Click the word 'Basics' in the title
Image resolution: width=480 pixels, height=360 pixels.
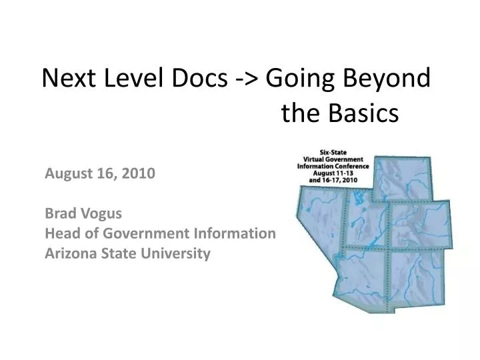tap(363, 115)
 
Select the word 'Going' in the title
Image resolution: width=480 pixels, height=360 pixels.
tap(299, 80)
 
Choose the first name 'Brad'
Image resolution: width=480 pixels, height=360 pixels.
tap(58, 215)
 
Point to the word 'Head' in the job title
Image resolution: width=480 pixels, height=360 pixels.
tap(59, 234)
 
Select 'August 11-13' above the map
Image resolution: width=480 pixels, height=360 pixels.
tap(335, 173)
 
